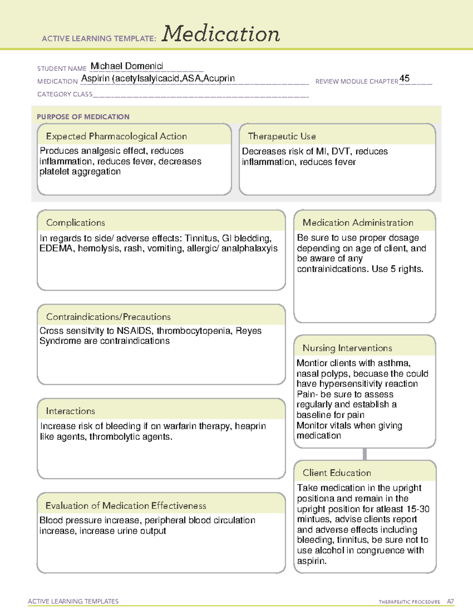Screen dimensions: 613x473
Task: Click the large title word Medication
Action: click(x=221, y=34)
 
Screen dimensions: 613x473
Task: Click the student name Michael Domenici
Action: click(x=127, y=66)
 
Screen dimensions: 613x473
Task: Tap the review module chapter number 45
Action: click(x=404, y=78)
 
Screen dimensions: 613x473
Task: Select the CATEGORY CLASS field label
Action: click(x=65, y=94)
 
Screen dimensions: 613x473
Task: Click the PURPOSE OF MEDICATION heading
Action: click(x=83, y=117)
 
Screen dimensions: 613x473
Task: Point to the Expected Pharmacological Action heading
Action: click(x=116, y=136)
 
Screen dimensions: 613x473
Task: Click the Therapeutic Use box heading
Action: click(x=281, y=136)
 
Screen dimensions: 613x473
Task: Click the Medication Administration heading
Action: click(x=358, y=223)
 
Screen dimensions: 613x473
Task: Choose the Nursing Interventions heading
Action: click(x=347, y=348)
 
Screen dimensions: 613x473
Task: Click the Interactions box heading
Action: click(x=70, y=411)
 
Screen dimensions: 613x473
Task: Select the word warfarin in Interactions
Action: click(x=180, y=426)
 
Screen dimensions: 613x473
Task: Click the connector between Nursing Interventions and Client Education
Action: click(x=365, y=454)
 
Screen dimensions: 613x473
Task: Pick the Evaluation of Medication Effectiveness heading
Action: click(x=126, y=506)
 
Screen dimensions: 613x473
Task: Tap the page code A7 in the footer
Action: click(x=450, y=602)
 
